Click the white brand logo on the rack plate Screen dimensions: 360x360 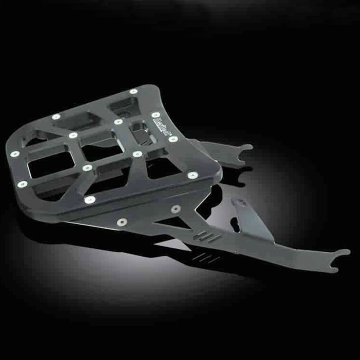click(163, 126)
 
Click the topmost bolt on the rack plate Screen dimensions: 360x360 click(134, 91)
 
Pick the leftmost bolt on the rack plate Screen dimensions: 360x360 click(15, 154)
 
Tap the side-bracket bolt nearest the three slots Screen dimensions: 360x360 click(176, 209)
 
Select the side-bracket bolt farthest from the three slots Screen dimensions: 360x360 click(122, 222)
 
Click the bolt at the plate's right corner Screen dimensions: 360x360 click(193, 175)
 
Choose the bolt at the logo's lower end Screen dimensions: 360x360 click(173, 139)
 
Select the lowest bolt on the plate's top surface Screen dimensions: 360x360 click(90, 199)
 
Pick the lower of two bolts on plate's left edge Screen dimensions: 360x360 click(22, 184)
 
